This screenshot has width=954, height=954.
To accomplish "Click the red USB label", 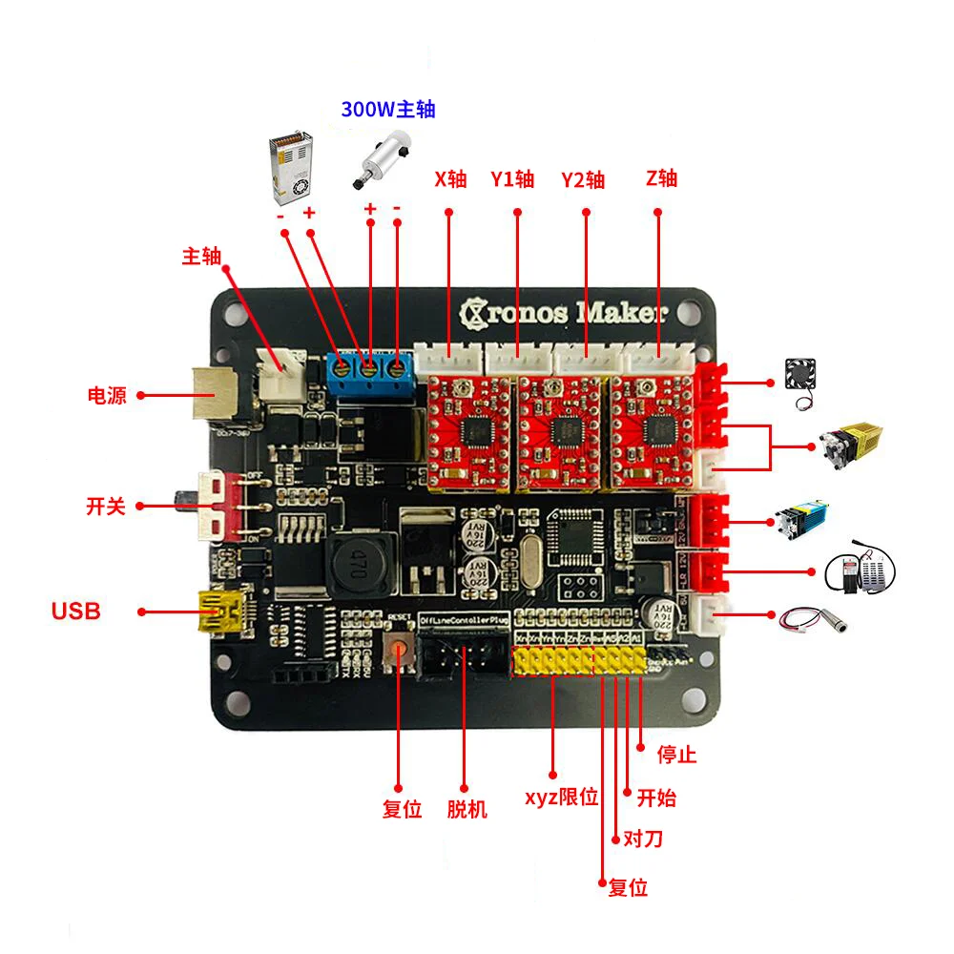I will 75,612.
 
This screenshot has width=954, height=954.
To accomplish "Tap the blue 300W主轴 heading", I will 388,109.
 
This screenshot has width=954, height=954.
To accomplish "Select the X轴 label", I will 450,178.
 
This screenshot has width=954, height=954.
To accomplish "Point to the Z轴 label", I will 661,177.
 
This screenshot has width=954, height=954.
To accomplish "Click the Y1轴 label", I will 513,178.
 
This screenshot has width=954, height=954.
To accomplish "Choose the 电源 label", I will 107,395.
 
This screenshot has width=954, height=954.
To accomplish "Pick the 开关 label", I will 106,506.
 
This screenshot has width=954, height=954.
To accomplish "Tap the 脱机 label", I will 467,810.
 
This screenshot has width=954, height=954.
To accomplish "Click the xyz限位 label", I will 561,797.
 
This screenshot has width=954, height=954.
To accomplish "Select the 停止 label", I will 677,756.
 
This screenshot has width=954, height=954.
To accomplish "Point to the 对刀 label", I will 642,840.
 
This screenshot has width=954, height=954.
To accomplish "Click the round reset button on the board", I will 399,652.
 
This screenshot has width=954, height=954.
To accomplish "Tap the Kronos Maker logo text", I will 563,312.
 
